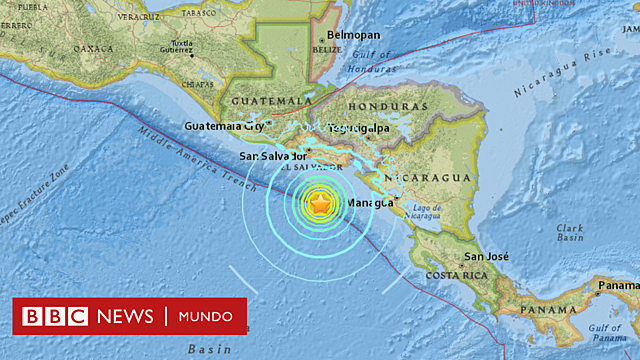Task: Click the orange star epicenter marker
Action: (319, 204)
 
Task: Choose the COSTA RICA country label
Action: (457, 275)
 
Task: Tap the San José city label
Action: (484, 257)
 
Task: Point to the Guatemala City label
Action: (225, 127)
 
